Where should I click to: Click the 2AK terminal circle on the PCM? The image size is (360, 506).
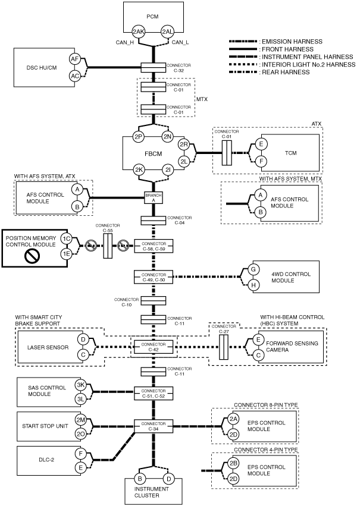pyautogui.click(x=139, y=32)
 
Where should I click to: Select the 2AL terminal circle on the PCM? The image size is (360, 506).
pyautogui.click(x=168, y=32)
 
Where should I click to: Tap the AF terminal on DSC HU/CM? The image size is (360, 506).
pyautogui.click(x=75, y=59)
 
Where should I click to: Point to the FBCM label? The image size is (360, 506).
pyautogui.click(x=153, y=153)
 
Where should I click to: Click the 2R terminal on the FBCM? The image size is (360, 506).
pyautogui.click(x=184, y=144)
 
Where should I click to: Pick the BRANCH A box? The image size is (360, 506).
pyautogui.click(x=154, y=198)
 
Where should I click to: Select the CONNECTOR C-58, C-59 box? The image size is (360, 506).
pyautogui.click(x=154, y=246)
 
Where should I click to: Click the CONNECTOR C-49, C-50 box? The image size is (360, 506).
pyautogui.click(x=154, y=277)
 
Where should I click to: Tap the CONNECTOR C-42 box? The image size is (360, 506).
pyautogui.click(x=154, y=347)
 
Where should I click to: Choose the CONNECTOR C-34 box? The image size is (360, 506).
pyautogui.click(x=154, y=426)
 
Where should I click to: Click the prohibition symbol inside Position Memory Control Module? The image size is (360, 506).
pyautogui.click(x=32, y=256)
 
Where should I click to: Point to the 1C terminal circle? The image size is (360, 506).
pyautogui.click(x=67, y=239)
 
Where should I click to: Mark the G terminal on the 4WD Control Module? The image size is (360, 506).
pyautogui.click(x=253, y=269)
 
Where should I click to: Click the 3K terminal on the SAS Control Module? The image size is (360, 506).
pyautogui.click(x=80, y=385)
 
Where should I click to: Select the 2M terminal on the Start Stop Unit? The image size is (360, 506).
pyautogui.click(x=80, y=420)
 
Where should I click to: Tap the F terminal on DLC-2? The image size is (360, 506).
pyautogui.click(x=80, y=454)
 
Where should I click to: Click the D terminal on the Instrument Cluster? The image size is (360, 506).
pyautogui.click(x=168, y=479)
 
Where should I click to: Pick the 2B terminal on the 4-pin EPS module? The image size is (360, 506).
pyautogui.click(x=233, y=463)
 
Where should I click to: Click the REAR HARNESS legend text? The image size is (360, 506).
pyautogui.click(x=286, y=73)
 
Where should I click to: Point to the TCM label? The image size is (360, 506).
pyautogui.click(x=290, y=153)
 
